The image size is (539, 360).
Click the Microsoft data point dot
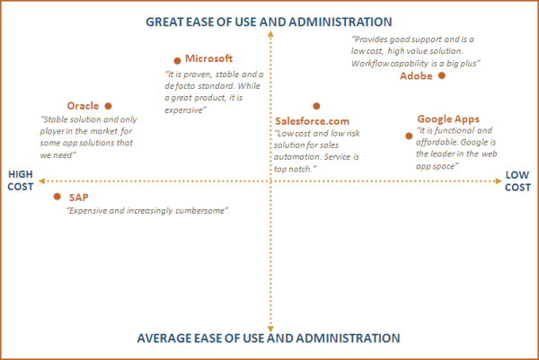(177, 61)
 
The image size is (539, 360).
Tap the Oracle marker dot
(109, 106)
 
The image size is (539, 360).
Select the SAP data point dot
(57, 197)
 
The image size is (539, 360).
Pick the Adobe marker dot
(442, 75)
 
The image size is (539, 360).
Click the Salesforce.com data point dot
(316, 106)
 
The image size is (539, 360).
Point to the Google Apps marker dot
(409, 136)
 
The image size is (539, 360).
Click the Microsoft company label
(208, 58)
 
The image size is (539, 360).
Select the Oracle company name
(83, 106)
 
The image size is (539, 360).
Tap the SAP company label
(79, 198)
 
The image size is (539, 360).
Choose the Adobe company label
(416, 76)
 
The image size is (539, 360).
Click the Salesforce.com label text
(312, 121)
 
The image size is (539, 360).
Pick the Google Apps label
(448, 119)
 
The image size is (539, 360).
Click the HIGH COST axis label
(21, 180)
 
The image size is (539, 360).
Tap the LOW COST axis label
(517, 181)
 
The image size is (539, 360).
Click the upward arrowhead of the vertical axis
(271, 33)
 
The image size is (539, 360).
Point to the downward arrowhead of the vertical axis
(271, 329)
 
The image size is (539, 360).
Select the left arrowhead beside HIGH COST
(41, 181)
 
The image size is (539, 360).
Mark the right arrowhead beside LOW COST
(499, 181)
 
